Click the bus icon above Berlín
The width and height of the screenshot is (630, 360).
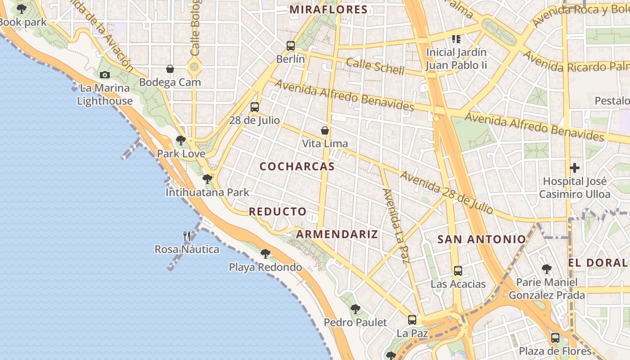[x=291, y=45]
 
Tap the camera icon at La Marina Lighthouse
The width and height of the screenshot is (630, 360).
[x=105, y=75]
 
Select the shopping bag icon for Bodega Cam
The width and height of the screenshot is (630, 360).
[x=170, y=69]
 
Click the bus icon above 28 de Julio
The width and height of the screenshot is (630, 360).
[x=255, y=107]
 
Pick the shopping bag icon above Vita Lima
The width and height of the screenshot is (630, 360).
[x=325, y=130]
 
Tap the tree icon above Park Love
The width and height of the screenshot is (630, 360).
[x=181, y=140]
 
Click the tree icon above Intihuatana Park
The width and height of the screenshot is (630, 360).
[x=207, y=179]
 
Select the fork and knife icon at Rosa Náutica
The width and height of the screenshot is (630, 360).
[x=187, y=236]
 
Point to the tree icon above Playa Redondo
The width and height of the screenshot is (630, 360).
[x=265, y=254]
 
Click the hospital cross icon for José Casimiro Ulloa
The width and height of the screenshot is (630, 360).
[x=575, y=168]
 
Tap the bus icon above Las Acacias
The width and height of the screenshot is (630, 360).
[x=458, y=271]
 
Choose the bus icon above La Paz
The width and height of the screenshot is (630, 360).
[x=412, y=320]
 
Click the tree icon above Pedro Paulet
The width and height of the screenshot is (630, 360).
[x=355, y=309]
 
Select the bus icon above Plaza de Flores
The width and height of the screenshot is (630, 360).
[x=555, y=338]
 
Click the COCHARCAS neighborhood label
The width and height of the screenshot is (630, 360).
[x=297, y=166]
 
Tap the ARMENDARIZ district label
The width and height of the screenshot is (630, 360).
[x=337, y=234]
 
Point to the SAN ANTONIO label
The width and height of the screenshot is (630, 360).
[x=481, y=239]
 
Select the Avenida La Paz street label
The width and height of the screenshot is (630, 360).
[x=396, y=225]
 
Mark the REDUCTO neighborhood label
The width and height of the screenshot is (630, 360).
[x=278, y=211]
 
